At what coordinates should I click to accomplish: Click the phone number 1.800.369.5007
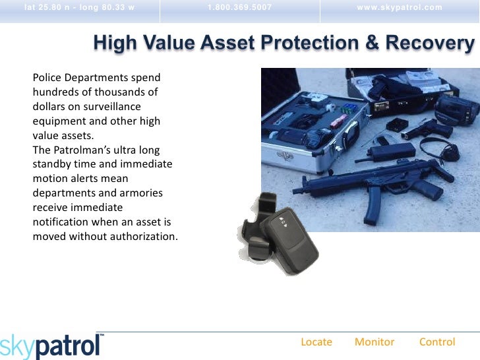coord(239,8)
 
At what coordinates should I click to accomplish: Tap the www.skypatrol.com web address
coord(400,8)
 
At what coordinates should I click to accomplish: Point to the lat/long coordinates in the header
coord(78,8)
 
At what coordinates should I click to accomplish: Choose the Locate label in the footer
coord(316,342)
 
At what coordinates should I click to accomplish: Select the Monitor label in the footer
coord(375,342)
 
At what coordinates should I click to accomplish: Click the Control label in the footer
coord(437,342)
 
